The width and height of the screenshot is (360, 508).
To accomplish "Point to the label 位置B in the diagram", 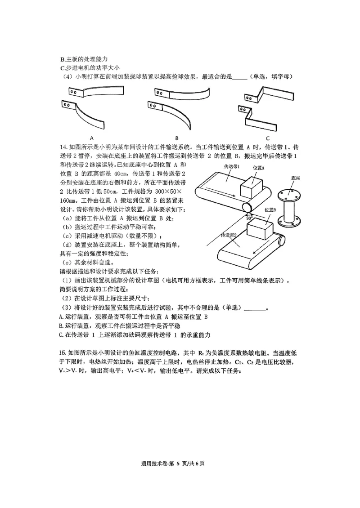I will (x=270, y=209).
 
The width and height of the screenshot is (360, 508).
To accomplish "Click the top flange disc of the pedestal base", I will (x=289, y=194).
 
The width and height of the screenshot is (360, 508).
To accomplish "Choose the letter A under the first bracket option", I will (x=91, y=138).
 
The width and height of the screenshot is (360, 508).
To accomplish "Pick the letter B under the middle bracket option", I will (x=176, y=138).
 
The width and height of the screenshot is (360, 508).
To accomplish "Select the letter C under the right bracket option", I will (x=267, y=138).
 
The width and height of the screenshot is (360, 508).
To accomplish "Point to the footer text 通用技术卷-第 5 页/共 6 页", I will (x=180, y=463).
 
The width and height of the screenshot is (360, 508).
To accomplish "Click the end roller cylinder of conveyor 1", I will (x=247, y=207).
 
